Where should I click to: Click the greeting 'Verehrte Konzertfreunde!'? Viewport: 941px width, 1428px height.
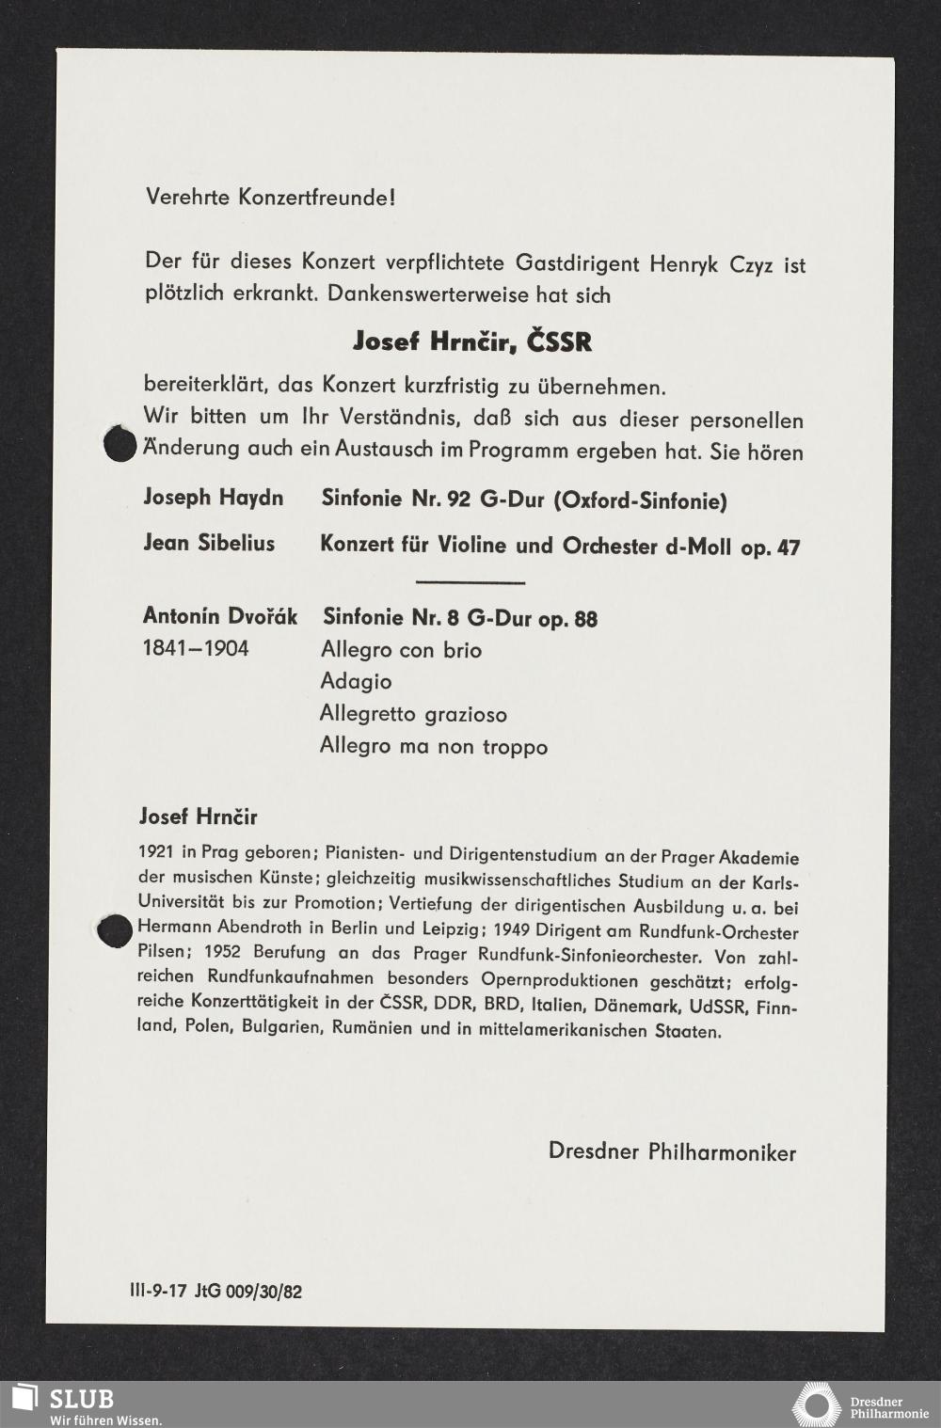coord(270,198)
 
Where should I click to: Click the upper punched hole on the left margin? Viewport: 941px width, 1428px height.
coord(120,444)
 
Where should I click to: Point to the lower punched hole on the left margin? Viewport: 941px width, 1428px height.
coord(115,931)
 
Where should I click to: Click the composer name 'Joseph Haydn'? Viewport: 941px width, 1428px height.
coord(213,498)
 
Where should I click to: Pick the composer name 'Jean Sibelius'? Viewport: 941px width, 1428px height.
coord(209,544)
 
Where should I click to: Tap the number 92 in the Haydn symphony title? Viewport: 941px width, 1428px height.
coord(458,500)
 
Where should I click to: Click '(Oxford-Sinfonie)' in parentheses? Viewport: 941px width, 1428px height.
coord(640,501)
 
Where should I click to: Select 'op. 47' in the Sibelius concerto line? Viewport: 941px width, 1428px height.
coord(770,547)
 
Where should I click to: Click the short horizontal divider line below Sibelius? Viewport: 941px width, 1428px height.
coord(470,583)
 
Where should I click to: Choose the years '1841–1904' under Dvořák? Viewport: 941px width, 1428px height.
coord(196,648)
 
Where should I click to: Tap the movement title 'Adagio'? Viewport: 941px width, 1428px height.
coord(356,681)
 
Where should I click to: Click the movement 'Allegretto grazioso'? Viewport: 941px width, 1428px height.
coord(413,714)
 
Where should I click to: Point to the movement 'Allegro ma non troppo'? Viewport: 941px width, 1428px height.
coord(433,747)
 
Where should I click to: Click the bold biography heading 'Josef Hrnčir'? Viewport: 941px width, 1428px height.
coord(198,817)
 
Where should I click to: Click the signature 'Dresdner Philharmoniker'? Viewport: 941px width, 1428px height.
coord(672,1152)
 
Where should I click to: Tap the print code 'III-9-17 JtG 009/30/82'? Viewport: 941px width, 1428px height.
coord(215,1292)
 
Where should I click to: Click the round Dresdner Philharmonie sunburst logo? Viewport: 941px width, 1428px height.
coord(816,1405)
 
